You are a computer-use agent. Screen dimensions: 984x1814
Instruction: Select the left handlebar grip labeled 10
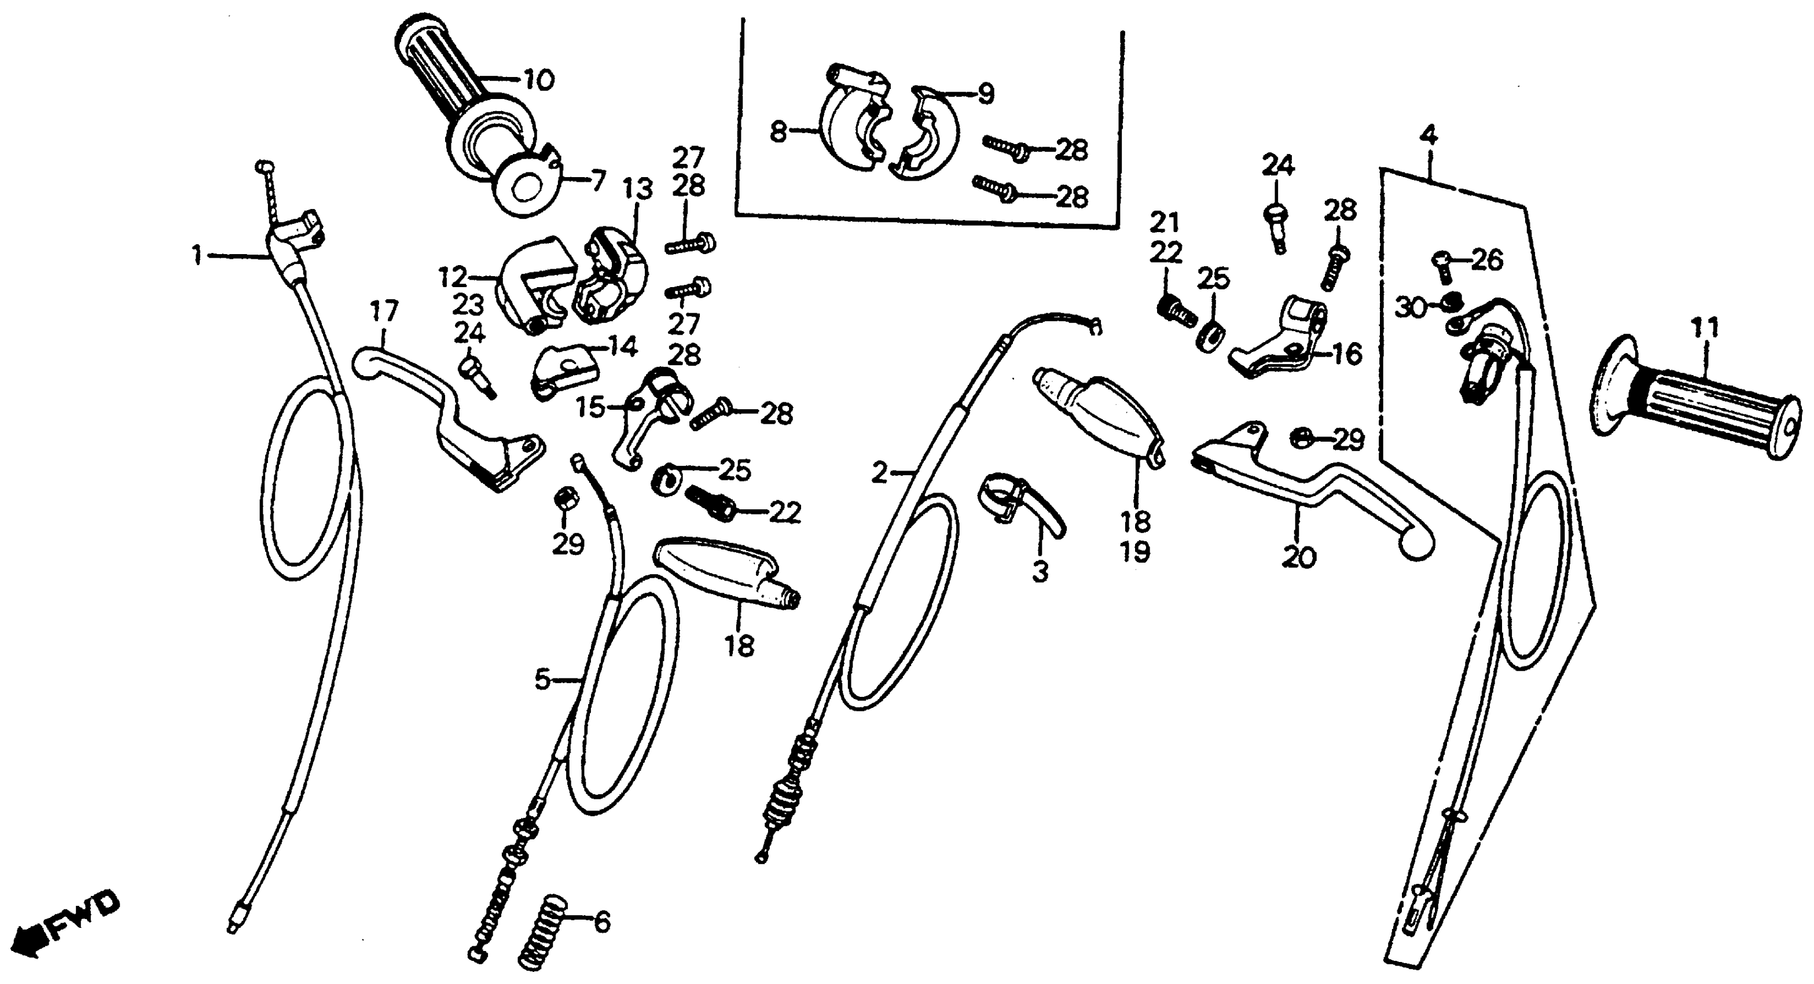[x=451, y=85]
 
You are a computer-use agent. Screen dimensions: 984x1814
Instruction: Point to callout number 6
[x=602, y=922]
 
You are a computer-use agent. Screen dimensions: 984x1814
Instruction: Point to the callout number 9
[x=985, y=94]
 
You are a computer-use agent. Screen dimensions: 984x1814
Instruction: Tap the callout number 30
[x=1411, y=307]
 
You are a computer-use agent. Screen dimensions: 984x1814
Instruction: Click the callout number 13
[x=638, y=189]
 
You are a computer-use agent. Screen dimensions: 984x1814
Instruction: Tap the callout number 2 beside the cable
[x=880, y=473]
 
